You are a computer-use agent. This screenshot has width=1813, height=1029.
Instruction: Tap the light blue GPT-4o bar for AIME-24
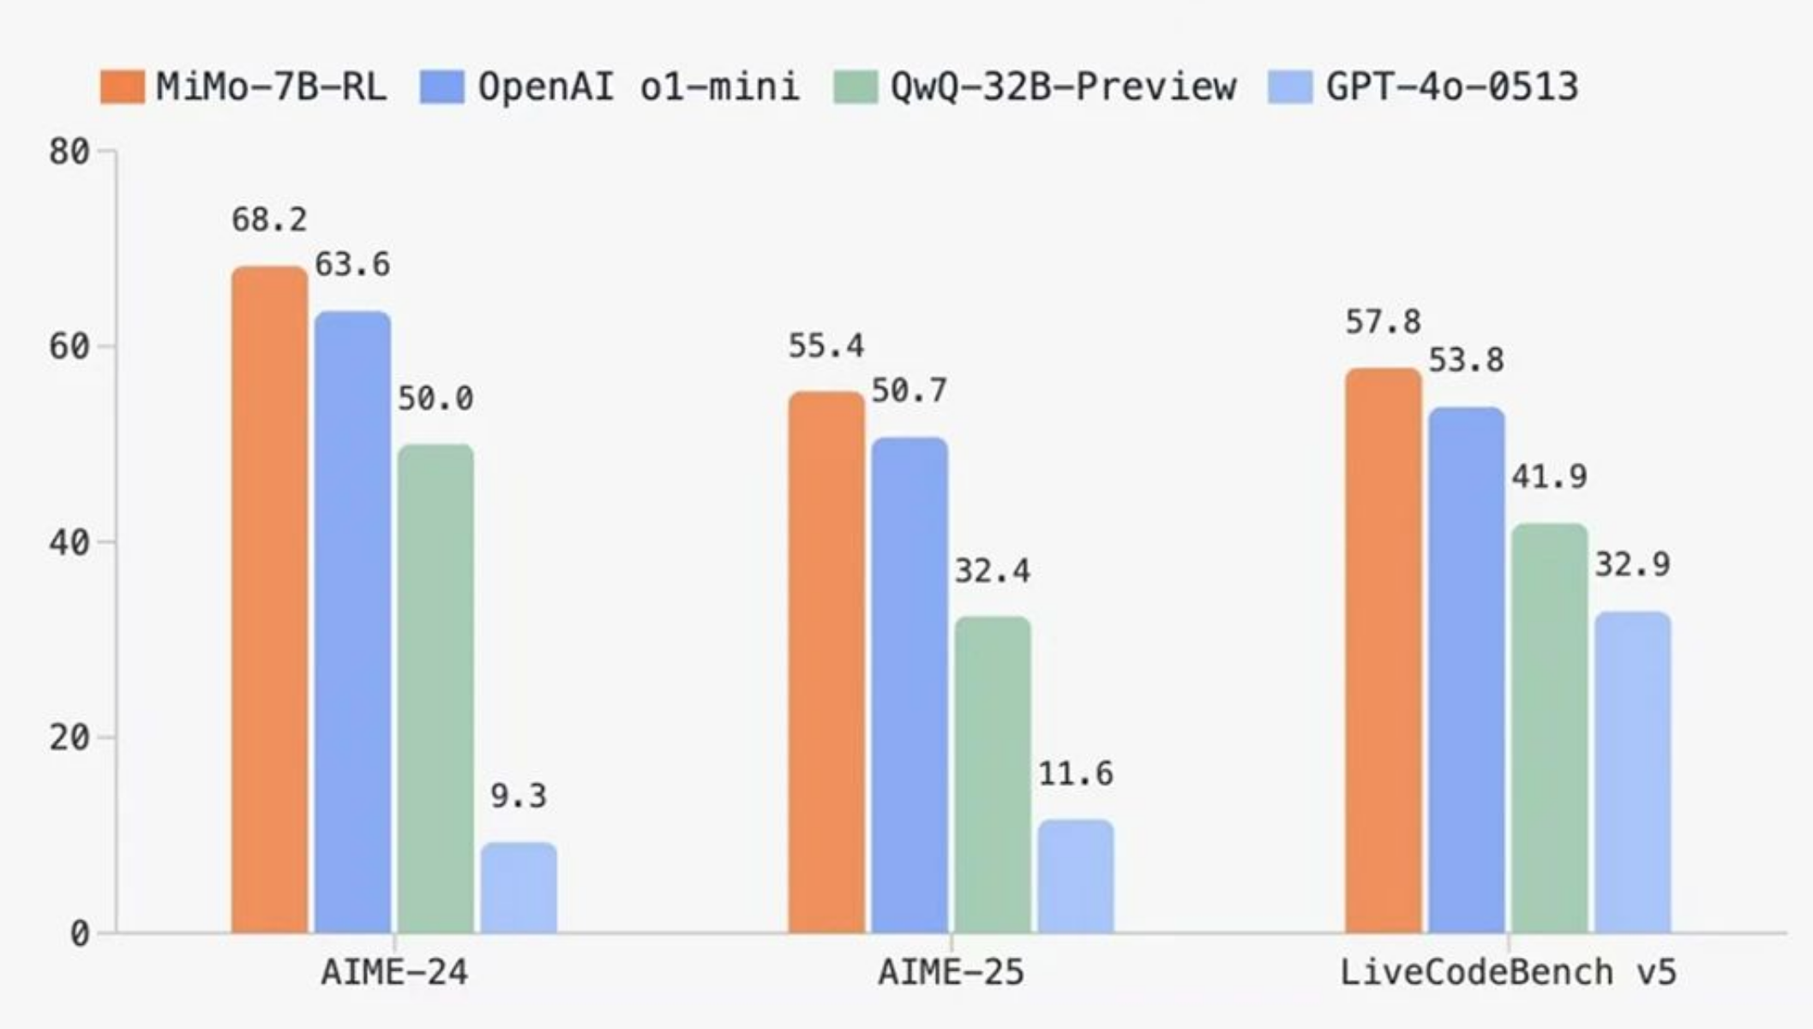pos(519,887)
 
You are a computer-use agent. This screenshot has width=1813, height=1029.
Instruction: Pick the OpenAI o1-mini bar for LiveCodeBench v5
pos(1467,669)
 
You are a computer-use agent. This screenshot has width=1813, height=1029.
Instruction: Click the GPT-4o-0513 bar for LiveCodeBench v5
pos(1633,772)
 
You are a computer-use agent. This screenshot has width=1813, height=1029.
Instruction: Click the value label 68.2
pos(269,220)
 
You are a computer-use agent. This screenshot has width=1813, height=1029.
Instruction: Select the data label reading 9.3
pos(519,797)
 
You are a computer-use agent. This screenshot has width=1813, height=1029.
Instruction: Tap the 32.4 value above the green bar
pos(993,571)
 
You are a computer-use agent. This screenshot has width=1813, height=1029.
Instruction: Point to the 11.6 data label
pos(1076,774)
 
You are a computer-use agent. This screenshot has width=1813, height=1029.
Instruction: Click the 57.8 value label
pos(1383,322)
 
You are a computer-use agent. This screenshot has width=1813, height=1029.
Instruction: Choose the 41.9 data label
pos(1549,477)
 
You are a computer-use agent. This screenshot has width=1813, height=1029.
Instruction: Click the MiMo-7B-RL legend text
pos(271,87)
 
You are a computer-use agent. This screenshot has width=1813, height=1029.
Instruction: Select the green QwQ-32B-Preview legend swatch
pos(855,87)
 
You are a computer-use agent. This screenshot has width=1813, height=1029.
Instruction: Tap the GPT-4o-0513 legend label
pos(1452,87)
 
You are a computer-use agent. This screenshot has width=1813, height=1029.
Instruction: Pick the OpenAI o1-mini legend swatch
pos(441,87)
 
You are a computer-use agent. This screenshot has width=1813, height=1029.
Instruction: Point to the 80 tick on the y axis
pos(69,152)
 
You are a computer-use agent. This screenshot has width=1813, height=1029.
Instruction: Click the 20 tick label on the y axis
pos(69,737)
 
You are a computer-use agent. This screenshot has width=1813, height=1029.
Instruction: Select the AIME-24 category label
pos(394,972)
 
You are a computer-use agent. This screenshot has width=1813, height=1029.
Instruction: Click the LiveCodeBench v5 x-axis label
pos(1508,972)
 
